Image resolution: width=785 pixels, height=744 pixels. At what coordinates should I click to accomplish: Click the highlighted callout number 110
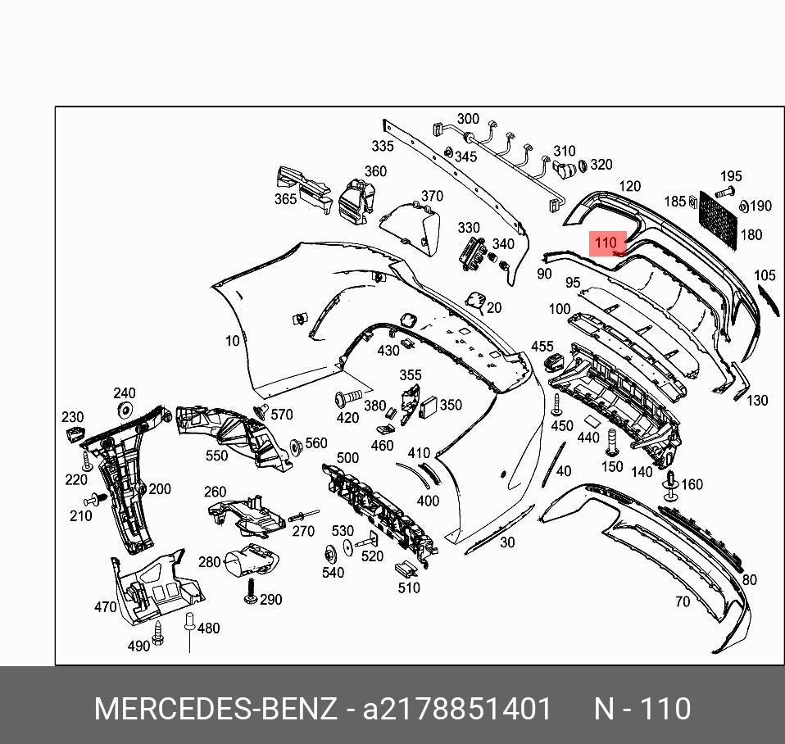[x=606, y=243]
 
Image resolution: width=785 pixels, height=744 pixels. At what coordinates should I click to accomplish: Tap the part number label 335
[x=383, y=146]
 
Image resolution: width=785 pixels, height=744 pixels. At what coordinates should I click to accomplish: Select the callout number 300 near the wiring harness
[x=468, y=119]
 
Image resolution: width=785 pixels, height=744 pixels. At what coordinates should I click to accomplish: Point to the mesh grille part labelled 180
[x=717, y=214]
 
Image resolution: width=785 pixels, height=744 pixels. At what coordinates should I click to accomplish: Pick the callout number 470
[x=106, y=607]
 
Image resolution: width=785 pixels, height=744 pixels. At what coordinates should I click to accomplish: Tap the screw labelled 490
[x=160, y=632]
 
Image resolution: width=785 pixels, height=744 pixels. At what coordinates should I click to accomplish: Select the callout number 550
[x=217, y=456]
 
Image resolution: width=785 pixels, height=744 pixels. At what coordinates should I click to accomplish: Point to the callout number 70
[x=683, y=601]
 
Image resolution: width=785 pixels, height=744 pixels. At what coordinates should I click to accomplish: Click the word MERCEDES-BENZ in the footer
[x=216, y=709]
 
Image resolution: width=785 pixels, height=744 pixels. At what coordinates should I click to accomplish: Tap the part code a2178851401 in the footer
[x=458, y=709]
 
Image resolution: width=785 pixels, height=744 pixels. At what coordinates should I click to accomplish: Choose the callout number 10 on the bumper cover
[x=233, y=341]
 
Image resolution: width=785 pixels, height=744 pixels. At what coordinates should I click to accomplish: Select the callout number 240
[x=125, y=393]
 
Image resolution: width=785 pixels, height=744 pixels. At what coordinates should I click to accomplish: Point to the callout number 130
[x=757, y=400]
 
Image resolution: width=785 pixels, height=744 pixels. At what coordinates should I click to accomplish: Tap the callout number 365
[x=286, y=199]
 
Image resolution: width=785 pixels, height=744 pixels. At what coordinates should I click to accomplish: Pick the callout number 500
[x=347, y=458]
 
